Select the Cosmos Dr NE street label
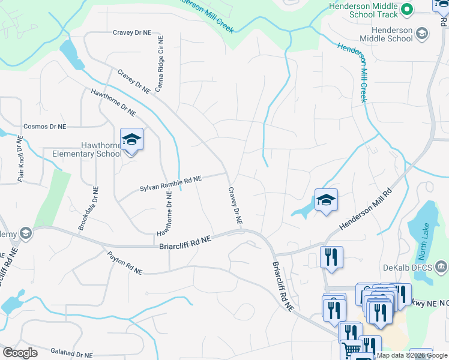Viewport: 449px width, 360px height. pos(44,127)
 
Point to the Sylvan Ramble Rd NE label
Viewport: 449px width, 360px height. pos(170,184)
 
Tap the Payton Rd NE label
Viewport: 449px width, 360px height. pos(125,263)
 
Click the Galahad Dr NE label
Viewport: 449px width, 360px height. pos(72,355)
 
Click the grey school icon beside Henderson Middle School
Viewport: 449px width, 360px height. pos(421,33)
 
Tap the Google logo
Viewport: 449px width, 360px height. pos(20,353)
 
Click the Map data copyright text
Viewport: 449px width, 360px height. pos(411,355)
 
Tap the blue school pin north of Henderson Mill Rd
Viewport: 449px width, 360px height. pos(326,200)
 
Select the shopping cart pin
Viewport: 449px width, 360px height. pos(351,349)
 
